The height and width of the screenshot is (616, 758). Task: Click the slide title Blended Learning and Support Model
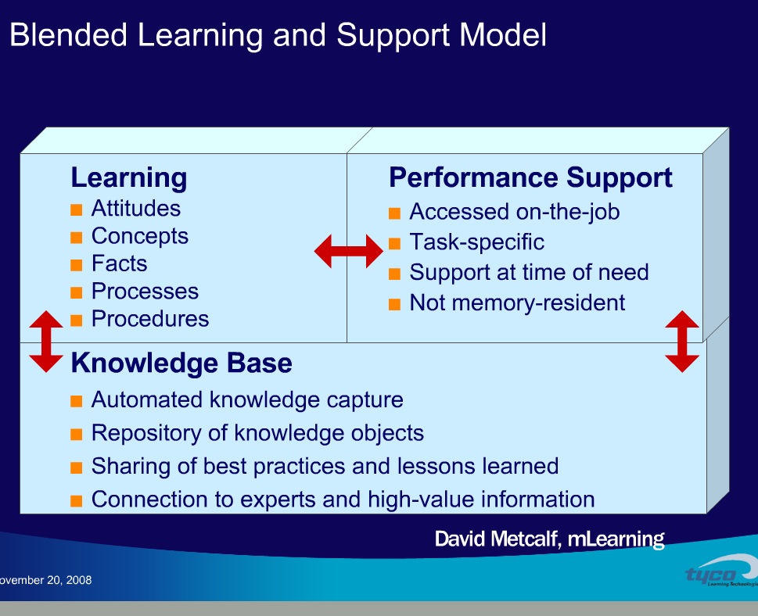pyautogui.click(x=277, y=36)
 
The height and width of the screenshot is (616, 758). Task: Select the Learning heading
pyautogui.click(x=128, y=178)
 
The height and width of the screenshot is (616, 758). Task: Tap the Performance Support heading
pyautogui.click(x=530, y=178)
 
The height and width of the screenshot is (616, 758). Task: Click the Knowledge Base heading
pyautogui.click(x=181, y=364)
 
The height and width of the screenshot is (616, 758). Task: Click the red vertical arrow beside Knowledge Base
pyautogui.click(x=45, y=342)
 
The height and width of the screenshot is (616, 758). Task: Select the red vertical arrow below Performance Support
pyautogui.click(x=681, y=342)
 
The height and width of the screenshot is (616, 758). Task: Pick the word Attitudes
pyautogui.click(x=135, y=209)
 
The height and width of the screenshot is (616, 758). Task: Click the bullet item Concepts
pyautogui.click(x=139, y=236)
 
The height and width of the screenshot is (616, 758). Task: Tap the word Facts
pyautogui.click(x=119, y=263)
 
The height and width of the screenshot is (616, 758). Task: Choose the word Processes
pyautogui.click(x=145, y=292)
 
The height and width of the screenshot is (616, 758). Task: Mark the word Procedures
pyautogui.click(x=150, y=319)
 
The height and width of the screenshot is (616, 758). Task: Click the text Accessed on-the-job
pyautogui.click(x=514, y=212)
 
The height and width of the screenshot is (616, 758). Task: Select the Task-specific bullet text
pyautogui.click(x=476, y=242)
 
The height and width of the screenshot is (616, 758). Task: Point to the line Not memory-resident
pyautogui.click(x=517, y=303)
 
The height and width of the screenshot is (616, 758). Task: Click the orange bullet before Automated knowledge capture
pyautogui.click(x=76, y=401)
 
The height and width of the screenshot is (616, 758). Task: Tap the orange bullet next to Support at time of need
pyautogui.click(x=394, y=274)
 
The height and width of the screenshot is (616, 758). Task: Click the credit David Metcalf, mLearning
pyautogui.click(x=549, y=539)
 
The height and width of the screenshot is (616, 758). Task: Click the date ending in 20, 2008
pyautogui.click(x=45, y=580)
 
